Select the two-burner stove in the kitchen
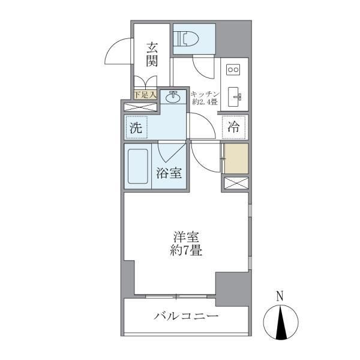[x=233, y=70]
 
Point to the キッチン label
[x=206, y=94]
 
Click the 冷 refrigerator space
[x=233, y=127]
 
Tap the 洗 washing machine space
[x=136, y=127]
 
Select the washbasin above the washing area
[x=173, y=96]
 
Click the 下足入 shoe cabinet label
[x=145, y=94]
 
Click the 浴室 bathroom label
[x=169, y=173]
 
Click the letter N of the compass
[x=279, y=295]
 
